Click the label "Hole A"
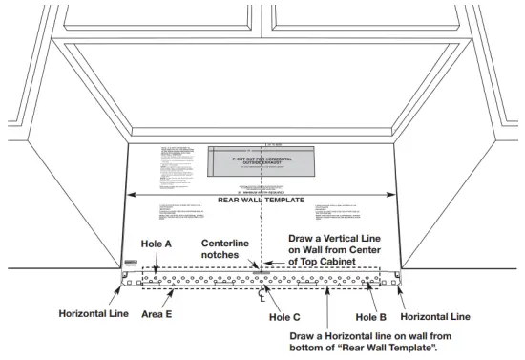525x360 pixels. [156, 244]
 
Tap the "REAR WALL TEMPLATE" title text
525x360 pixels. [262, 201]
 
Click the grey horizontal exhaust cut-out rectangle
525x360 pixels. [261, 163]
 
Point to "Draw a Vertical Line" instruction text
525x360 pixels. [341, 237]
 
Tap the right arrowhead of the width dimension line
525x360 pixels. [393, 194]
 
